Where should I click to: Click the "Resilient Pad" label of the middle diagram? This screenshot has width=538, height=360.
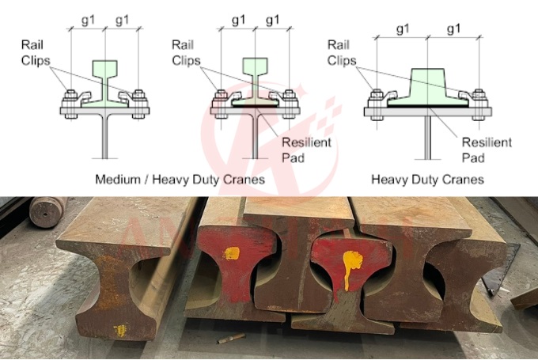[x=306, y=150]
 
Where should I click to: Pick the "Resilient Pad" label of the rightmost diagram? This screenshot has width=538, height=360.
[x=487, y=150]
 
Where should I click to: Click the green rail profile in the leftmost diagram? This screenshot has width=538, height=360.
[x=104, y=82]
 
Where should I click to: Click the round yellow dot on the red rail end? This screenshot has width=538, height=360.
[x=231, y=254]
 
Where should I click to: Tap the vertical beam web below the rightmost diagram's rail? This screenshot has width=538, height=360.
[x=427, y=138]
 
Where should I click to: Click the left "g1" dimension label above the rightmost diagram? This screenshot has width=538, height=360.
[x=402, y=29]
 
